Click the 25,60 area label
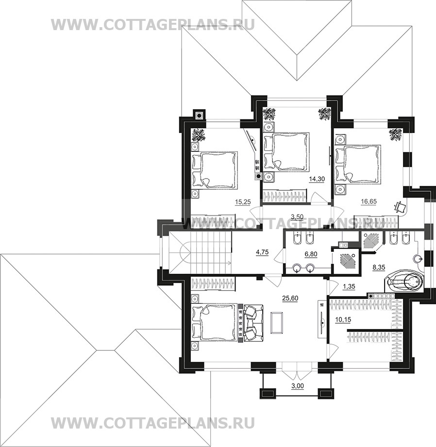(290, 298)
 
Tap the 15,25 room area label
(243, 202)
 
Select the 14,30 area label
(317, 179)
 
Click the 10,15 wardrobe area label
(343, 319)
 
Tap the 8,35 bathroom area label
(379, 267)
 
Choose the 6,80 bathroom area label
(311, 254)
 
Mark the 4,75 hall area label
(262, 252)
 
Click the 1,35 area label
(349, 286)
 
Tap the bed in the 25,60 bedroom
(215, 322)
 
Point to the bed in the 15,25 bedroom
(215, 170)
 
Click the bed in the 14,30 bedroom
(287, 152)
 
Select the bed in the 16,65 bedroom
(358, 164)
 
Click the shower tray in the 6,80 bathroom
(345, 260)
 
